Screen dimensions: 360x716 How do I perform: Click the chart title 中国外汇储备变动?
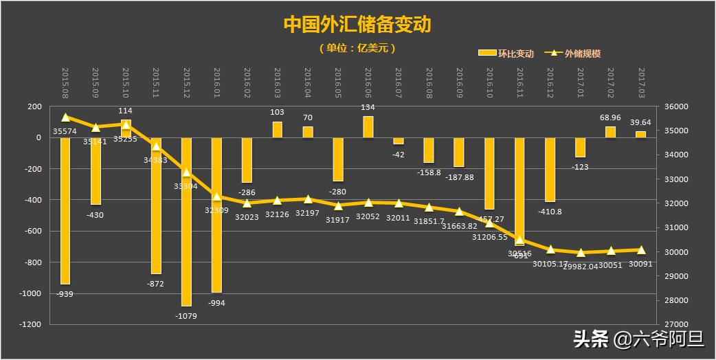coord(357,25)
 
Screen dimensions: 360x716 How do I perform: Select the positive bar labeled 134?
coord(368,127)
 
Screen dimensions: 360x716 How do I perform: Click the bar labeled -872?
coord(156,205)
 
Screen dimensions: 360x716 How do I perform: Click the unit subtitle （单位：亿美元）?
coord(357,48)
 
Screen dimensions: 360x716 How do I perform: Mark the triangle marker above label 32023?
coord(247,203)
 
